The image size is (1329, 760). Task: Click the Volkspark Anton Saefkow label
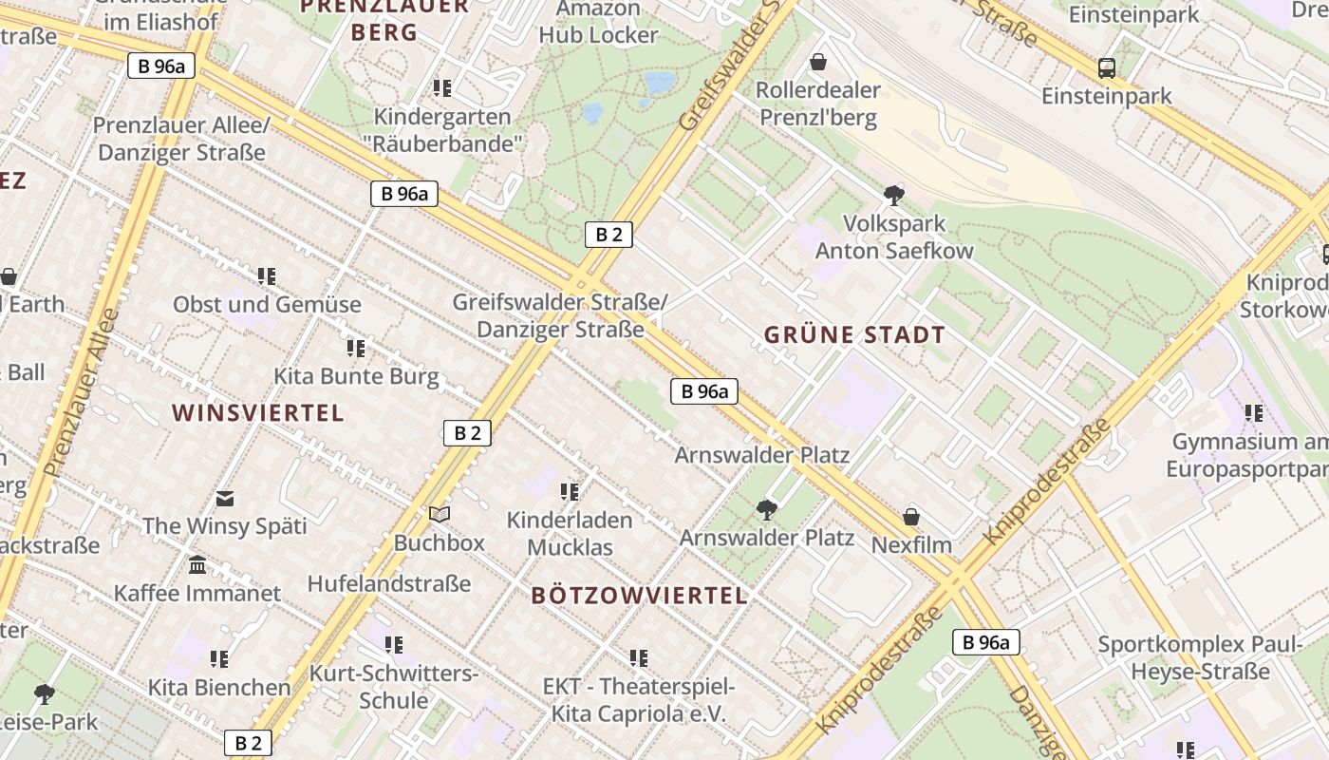coord(894,237)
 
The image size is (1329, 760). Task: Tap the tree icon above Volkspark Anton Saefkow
coord(893,197)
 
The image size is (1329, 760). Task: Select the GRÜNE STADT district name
coord(854,334)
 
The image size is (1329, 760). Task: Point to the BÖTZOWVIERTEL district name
coord(639,596)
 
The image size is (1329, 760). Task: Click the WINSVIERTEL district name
coord(257,412)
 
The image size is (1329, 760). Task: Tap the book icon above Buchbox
coord(439,514)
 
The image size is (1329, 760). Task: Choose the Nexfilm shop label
coord(911,545)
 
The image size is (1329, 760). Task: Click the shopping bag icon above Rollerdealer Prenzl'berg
coord(818,63)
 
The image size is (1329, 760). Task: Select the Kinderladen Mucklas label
coord(570,534)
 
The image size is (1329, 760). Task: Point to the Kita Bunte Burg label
coord(356,376)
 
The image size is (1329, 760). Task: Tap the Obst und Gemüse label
coord(267,305)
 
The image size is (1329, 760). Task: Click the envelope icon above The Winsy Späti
coord(225,498)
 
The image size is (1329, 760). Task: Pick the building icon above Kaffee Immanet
coord(197,565)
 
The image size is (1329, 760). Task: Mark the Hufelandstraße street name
coord(389,583)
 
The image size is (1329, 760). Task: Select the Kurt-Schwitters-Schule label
coord(394,687)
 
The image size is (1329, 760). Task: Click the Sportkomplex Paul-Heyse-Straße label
coord(1200,657)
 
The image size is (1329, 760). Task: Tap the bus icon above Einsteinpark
coord(1107,68)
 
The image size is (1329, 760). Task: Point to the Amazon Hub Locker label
coord(598,22)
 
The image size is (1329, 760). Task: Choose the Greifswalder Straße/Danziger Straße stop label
coord(560,315)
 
